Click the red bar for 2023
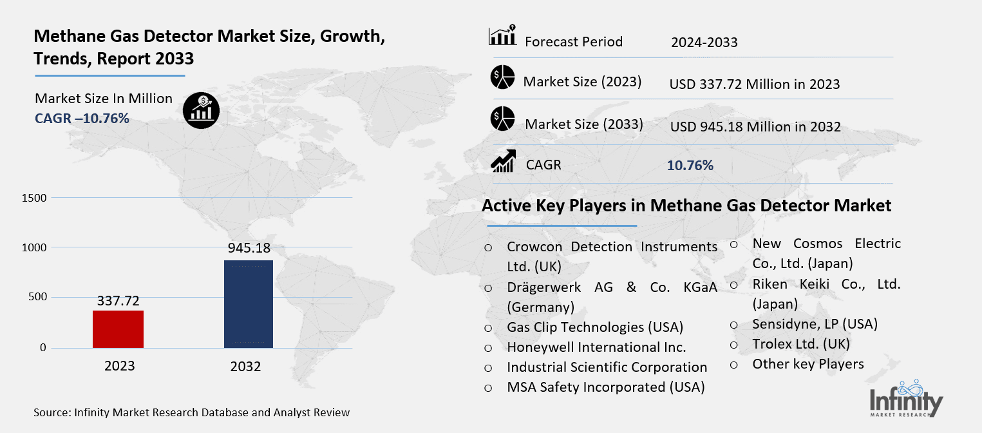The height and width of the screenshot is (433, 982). coord(118,329)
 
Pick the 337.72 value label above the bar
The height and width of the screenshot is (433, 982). coord(118,300)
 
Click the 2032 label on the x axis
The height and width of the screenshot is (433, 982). coord(245,367)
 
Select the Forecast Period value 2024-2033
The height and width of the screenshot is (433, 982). coord(704,43)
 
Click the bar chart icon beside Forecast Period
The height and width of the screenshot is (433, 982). coord(502,37)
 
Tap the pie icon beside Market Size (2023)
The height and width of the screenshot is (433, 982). coord(502,78)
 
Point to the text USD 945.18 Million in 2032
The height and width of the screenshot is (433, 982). coord(755,127)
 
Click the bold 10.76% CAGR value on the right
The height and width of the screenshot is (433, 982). coord(690,165)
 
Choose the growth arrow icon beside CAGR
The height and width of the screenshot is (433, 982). coord(503,162)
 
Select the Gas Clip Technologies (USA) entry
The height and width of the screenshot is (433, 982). coord(594,327)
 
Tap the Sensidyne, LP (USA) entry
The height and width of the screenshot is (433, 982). coord(815,323)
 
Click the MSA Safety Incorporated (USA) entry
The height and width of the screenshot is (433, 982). coord(605,387)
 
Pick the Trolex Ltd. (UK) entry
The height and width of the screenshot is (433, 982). coord(801,343)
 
